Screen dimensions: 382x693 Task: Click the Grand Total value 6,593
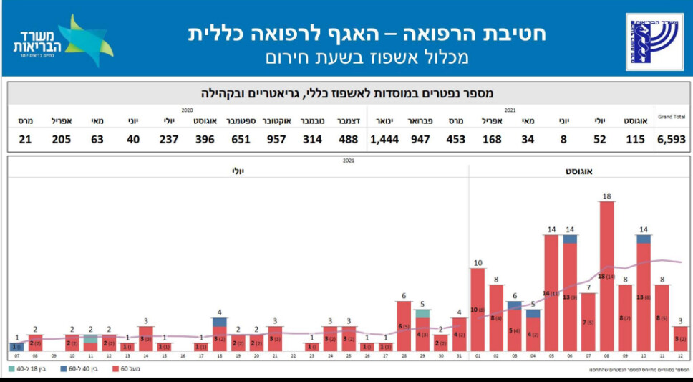click(672, 139)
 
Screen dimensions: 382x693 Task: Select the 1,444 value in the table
click(384, 139)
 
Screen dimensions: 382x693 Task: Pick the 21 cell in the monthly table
click(25, 139)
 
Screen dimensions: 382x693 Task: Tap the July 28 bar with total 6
click(404, 326)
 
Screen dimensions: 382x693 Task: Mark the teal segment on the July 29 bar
click(422, 313)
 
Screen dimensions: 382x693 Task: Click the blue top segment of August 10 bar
click(644, 239)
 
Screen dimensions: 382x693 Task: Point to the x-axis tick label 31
click(460, 355)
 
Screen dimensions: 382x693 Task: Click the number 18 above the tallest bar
click(607, 196)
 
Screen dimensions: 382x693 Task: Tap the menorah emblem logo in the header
click(654, 42)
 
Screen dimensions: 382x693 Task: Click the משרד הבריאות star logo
click(64, 41)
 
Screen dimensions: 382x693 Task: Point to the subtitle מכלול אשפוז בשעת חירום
click(367, 58)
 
